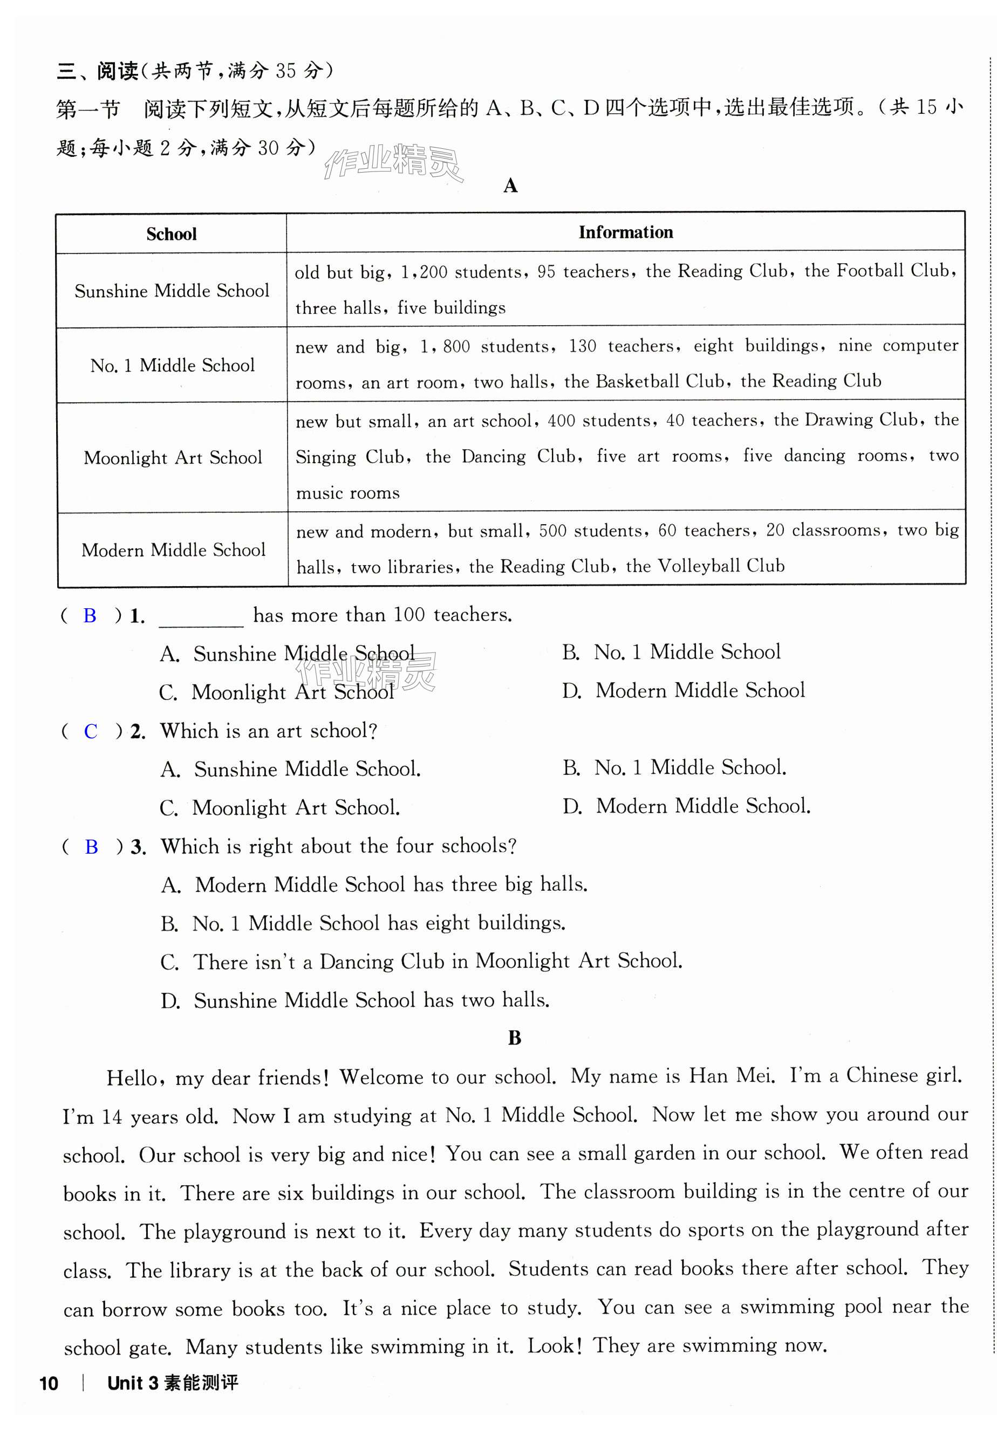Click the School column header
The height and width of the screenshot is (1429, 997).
pos(171,234)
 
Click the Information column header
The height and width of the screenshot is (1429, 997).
pos(625,232)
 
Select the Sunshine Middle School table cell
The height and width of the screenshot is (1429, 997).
pos(172,291)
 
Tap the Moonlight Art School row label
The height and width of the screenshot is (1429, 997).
pos(173,457)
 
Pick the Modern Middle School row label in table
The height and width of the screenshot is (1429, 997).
pos(173,550)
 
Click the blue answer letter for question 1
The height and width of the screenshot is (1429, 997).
pos(90,615)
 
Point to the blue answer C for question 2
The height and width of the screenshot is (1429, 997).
pos(91,731)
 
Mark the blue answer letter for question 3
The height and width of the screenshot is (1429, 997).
pos(92,847)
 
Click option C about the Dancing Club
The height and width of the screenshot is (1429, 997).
pos(421,961)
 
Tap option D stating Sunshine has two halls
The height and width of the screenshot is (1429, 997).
pos(355,1000)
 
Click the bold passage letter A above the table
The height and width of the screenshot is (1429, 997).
pos(510,186)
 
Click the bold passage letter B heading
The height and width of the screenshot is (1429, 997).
pos(514,1038)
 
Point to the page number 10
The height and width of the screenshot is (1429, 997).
pos(49,1384)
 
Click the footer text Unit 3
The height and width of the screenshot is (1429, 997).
pos(133,1383)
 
